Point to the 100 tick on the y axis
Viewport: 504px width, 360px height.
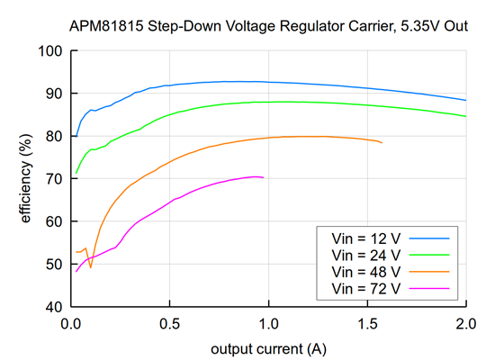(49, 51)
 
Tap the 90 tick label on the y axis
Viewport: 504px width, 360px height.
(53, 94)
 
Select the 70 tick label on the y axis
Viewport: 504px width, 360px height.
(53, 179)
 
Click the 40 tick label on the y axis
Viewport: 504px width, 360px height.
(53, 307)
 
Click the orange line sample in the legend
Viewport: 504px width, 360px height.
(430, 271)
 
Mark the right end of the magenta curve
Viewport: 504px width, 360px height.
(263, 177)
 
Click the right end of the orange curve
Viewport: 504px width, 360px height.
(382, 143)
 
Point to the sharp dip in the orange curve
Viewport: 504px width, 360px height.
(90, 267)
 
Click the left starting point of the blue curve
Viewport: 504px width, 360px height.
(76, 137)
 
